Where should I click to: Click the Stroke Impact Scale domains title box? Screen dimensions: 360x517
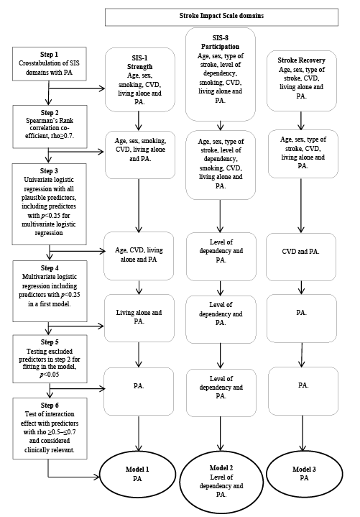[x=221, y=17]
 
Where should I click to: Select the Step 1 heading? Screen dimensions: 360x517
[x=49, y=55]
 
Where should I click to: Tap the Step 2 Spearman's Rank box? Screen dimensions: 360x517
[x=50, y=127]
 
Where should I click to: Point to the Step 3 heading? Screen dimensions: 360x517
[x=49, y=171]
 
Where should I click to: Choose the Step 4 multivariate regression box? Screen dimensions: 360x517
[x=50, y=290]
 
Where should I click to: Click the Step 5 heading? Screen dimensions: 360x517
[x=50, y=342]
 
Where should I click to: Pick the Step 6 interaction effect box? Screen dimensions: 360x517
[x=50, y=429]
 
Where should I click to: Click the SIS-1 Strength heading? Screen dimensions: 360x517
[x=139, y=63]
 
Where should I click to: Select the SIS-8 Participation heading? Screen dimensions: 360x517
[x=221, y=42]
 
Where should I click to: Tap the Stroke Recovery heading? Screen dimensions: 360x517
[x=301, y=60]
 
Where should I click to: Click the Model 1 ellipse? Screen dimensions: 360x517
[x=138, y=474]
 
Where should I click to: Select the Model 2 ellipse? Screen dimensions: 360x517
[x=221, y=482]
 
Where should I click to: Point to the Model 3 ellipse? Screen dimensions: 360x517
[x=305, y=473]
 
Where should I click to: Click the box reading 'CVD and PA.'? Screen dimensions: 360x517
[x=301, y=257]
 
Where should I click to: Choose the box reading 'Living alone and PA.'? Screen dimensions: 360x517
[x=139, y=318]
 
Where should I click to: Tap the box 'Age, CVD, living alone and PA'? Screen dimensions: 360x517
[x=139, y=256]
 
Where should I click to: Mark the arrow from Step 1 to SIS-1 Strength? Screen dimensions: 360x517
[x=77, y=88]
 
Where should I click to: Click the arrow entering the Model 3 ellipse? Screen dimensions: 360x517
[x=303, y=433]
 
